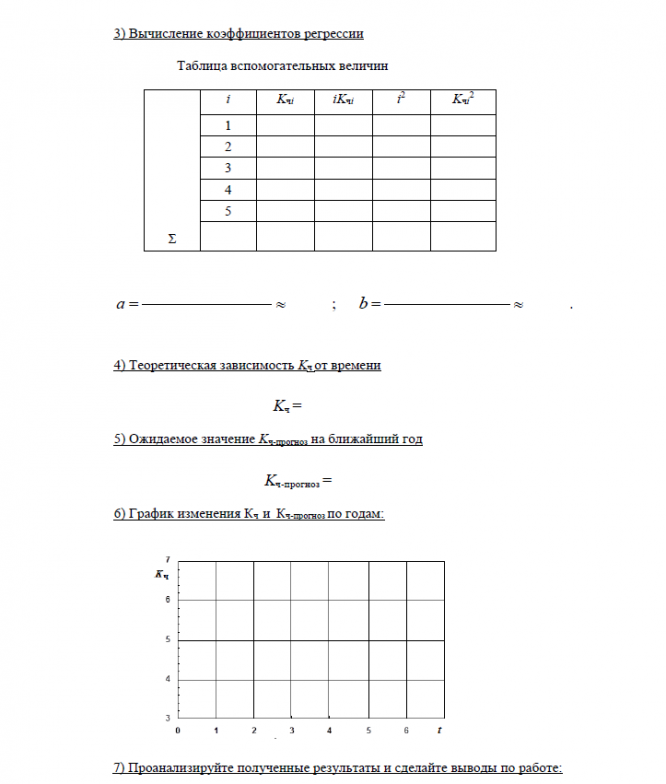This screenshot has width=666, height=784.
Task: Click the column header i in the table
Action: click(x=228, y=100)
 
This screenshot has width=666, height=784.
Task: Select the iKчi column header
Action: click(x=343, y=100)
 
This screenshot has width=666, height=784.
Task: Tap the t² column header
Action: click(x=401, y=99)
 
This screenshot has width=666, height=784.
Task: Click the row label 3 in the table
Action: click(x=228, y=168)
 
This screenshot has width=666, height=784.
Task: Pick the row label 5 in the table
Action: click(x=228, y=210)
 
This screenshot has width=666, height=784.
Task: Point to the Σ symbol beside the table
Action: click(x=171, y=239)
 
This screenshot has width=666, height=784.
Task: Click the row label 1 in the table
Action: click(x=228, y=126)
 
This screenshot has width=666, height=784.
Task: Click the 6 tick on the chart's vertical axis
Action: click(x=168, y=599)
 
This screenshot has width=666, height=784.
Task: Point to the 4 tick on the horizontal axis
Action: click(x=330, y=731)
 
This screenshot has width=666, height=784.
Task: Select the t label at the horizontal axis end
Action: click(x=439, y=731)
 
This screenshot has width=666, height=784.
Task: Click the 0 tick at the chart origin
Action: click(x=178, y=731)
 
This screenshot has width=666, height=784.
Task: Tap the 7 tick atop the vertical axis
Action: click(x=167, y=559)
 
